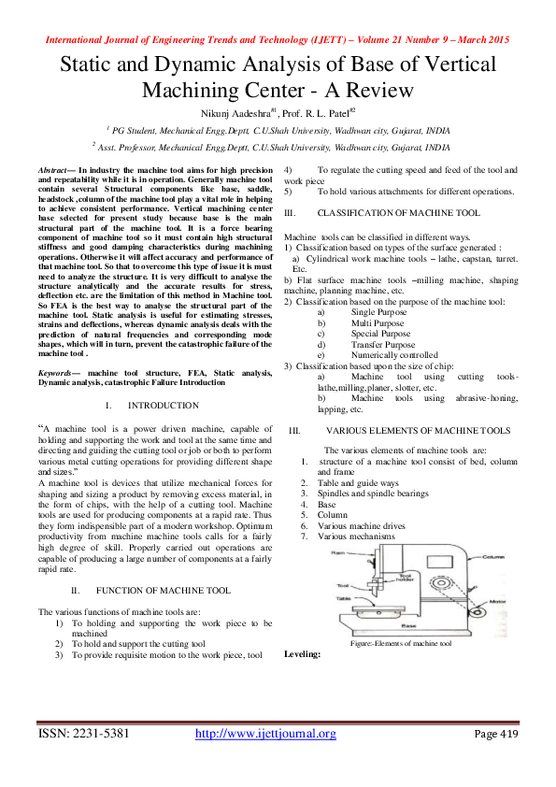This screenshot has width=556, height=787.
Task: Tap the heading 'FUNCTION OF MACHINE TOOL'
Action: (163, 591)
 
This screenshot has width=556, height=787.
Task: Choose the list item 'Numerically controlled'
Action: (380, 355)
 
